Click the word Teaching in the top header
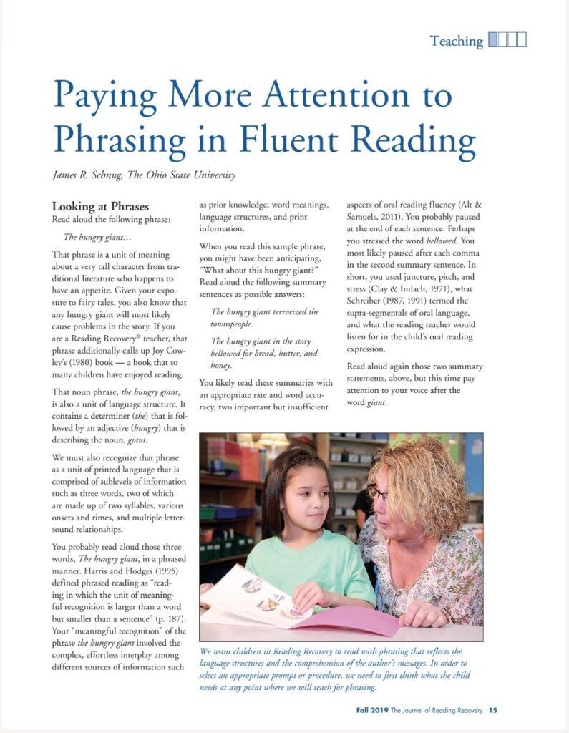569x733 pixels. click(x=457, y=41)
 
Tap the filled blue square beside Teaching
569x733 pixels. click(x=492, y=40)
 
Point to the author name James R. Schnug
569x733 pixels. click(x=93, y=175)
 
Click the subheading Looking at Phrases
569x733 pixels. click(x=100, y=206)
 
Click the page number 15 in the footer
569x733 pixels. click(x=492, y=711)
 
